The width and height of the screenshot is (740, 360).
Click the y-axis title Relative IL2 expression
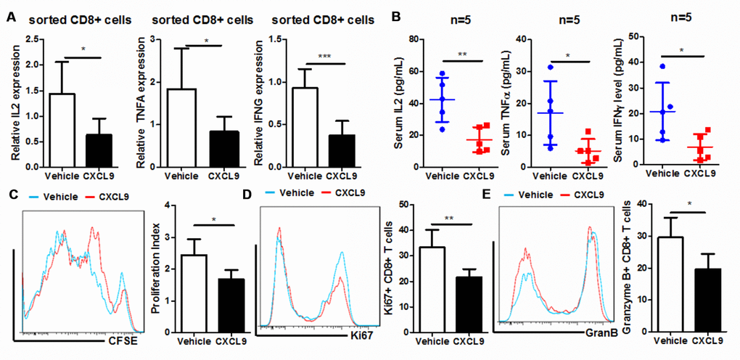15,101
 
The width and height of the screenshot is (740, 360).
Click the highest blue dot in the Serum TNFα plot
551,67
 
